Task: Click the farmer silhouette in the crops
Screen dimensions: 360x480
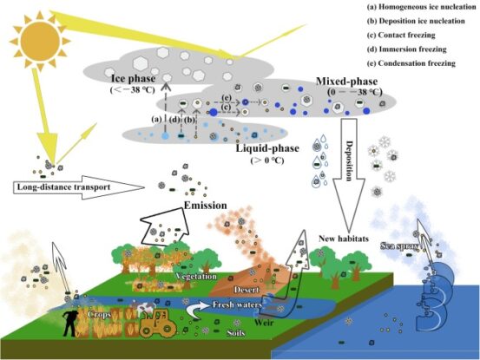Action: coord(69,321)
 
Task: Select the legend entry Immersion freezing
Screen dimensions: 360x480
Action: coord(417,50)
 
